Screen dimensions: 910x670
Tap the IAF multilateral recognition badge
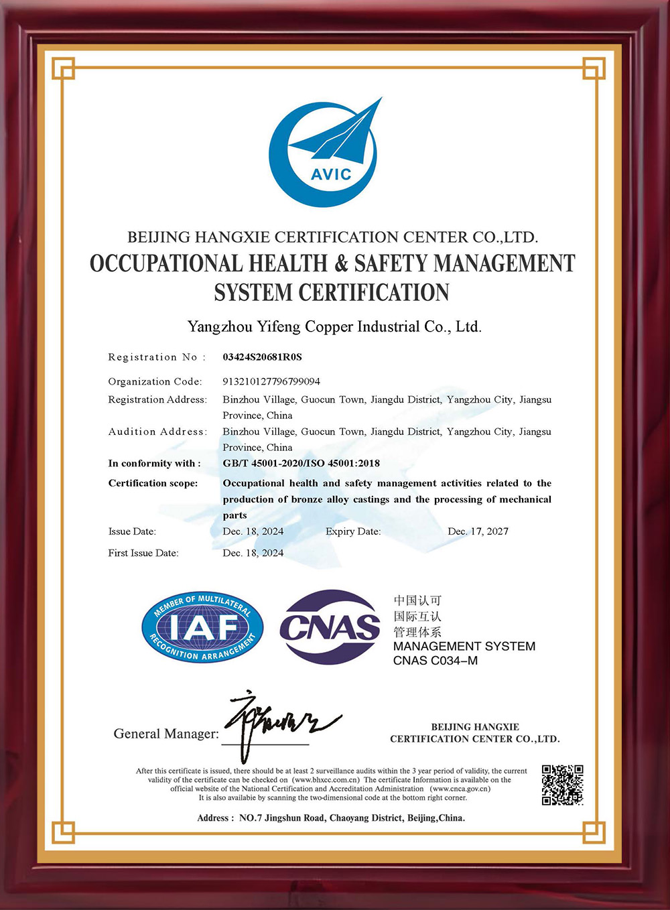[202, 627]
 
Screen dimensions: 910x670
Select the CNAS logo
[330, 627]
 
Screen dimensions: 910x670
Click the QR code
[562, 785]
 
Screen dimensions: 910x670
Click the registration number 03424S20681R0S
[262, 357]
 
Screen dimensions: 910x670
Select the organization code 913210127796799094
[271, 381]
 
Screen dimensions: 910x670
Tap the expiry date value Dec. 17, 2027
[478, 531]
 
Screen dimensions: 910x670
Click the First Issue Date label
[143, 553]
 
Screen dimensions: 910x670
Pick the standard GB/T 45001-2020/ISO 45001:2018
[301, 463]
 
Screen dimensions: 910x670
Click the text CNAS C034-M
[435, 661]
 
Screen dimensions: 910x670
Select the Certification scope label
[153, 483]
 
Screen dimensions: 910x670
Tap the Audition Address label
[157, 432]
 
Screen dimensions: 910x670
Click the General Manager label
[166, 734]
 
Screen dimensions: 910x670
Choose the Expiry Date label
[353, 531]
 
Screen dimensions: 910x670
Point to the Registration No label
[157, 357]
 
